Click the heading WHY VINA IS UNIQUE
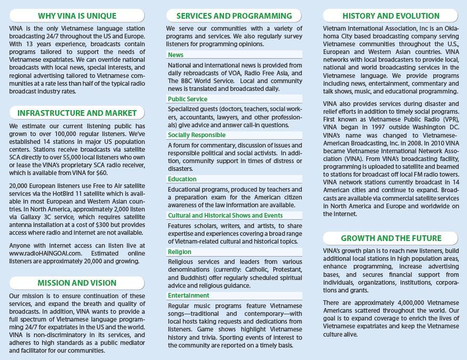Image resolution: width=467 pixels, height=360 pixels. (x=77, y=16)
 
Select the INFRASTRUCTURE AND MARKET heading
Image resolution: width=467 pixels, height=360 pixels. (x=77, y=113)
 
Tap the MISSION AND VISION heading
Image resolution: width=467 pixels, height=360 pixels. (x=77, y=283)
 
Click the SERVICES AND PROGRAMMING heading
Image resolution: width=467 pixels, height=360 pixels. (x=234, y=16)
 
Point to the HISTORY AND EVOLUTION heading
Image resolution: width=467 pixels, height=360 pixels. (x=391, y=16)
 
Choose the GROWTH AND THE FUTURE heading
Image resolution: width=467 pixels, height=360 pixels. (x=391, y=238)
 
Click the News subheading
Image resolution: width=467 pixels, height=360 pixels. (x=176, y=55)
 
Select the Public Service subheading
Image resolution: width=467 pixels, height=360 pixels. (x=188, y=99)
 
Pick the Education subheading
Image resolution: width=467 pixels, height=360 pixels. (x=182, y=179)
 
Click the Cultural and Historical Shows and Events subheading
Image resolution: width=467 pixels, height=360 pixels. (x=225, y=216)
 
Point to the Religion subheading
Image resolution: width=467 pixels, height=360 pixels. (x=180, y=252)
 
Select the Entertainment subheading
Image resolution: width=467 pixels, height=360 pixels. (x=189, y=296)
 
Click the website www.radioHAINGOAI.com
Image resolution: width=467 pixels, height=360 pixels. (x=46, y=254)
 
